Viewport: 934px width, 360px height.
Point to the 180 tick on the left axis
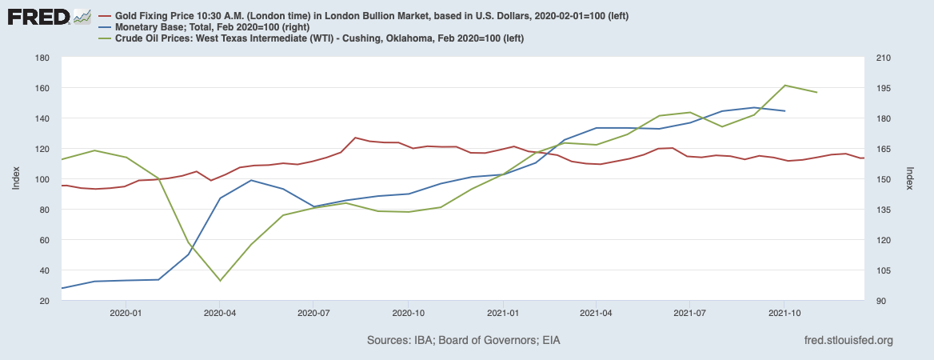click(43, 58)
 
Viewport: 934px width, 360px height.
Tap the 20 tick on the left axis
click(46, 301)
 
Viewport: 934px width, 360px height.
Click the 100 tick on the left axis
click(43, 179)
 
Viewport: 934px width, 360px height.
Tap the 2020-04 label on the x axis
click(220, 314)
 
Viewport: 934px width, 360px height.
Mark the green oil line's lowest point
click(220, 281)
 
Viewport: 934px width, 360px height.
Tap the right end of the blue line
click(784, 110)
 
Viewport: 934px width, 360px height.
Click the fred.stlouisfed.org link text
click(848, 341)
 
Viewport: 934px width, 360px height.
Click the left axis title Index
click(17, 179)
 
